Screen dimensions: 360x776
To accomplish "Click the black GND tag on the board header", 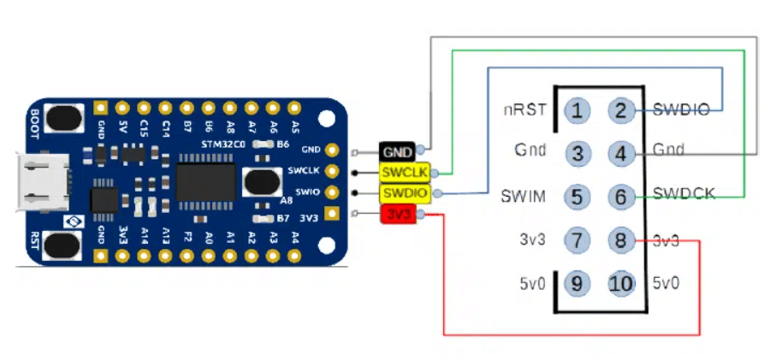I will pyautogui.click(x=399, y=153).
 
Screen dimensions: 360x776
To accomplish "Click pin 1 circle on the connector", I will pyautogui.click(x=579, y=109).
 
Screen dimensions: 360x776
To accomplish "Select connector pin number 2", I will pyautogui.click(x=622, y=109).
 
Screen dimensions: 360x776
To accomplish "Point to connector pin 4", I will pyautogui.click(x=622, y=153).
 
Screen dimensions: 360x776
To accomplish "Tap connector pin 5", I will pyautogui.click(x=579, y=197).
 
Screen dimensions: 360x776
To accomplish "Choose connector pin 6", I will pyautogui.click(x=622, y=197).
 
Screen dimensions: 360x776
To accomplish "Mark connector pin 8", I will pyautogui.click(x=622, y=240).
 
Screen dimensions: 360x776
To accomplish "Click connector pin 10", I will pyautogui.click(x=622, y=283).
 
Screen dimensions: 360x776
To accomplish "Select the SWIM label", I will pyautogui.click(x=523, y=198).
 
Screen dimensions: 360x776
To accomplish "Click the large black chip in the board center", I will pyautogui.click(x=205, y=182).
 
